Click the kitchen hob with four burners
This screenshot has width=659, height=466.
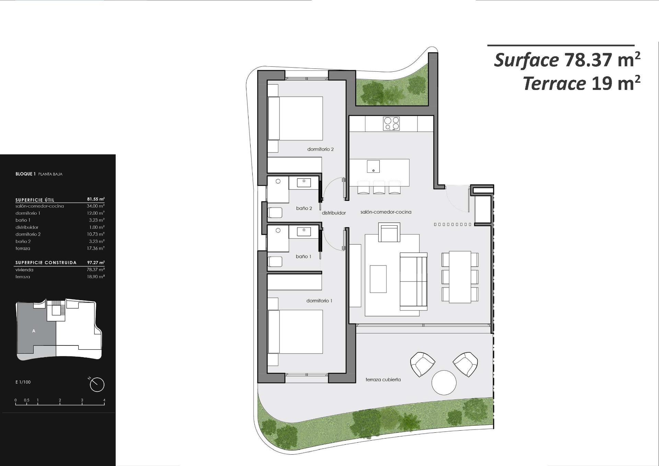[x=391, y=124]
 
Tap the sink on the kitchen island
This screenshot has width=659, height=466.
[x=373, y=167]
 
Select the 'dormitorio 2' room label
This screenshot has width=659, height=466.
[x=320, y=149]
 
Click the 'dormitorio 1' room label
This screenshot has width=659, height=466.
[x=319, y=301]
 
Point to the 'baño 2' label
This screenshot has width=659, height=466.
[x=304, y=208]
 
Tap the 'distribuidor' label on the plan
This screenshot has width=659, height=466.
[x=334, y=213]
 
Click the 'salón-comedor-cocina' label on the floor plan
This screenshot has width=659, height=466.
[x=386, y=212]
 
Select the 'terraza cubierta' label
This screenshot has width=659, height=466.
[x=383, y=380]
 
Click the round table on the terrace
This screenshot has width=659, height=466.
[x=444, y=383]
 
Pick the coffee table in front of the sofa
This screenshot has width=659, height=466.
[x=378, y=279]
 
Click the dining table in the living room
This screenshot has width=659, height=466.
[x=460, y=277]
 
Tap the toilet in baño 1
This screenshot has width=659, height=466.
[x=275, y=262]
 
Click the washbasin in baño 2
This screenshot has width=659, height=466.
[x=304, y=182]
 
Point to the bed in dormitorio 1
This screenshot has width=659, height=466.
[x=295, y=332]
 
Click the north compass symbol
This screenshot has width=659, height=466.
[x=97, y=384]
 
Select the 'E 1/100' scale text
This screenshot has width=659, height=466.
[x=23, y=382]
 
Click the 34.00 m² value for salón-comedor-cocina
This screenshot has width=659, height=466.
[x=95, y=206]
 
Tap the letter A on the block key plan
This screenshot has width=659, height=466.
[x=34, y=331]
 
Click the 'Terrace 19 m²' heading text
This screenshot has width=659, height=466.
[x=581, y=83]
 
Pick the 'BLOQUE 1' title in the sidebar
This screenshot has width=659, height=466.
[x=25, y=174]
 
